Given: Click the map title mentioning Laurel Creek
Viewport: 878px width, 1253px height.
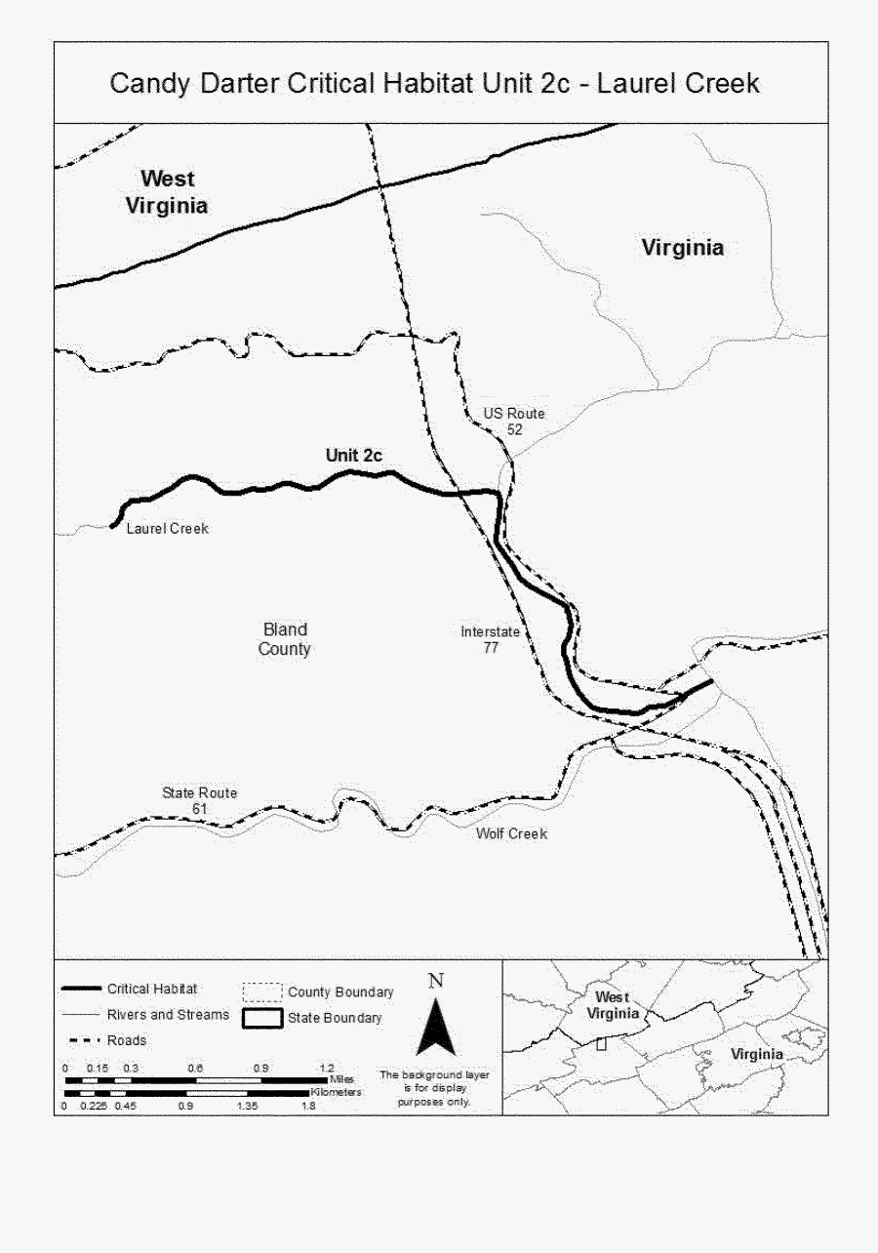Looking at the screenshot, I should coord(434,83).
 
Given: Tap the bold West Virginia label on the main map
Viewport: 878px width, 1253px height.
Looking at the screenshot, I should coord(167,192).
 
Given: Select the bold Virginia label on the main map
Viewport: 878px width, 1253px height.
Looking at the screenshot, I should coord(683,248).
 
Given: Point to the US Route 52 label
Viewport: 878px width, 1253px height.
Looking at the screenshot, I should coord(514,422).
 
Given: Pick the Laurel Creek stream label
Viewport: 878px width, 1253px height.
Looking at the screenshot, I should coord(168,529).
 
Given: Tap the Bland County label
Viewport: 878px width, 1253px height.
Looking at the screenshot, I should coord(285,639).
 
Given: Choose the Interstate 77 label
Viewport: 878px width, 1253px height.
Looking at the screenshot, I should coord(491,639).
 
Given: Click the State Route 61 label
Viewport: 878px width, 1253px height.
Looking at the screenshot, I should coord(199,801).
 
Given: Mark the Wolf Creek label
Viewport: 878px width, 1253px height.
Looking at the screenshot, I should coord(511,833).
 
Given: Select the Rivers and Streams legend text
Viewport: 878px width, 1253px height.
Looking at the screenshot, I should coord(168,1015).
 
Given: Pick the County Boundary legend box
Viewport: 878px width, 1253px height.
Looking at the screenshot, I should coord(261,992).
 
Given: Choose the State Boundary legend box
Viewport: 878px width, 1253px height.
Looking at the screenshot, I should coord(261,1019).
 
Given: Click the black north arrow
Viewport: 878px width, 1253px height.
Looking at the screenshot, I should coord(436,1025).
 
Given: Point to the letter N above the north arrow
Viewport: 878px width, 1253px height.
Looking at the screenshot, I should coord(436,981).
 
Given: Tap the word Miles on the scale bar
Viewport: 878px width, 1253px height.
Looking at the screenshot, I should coord(341,1079).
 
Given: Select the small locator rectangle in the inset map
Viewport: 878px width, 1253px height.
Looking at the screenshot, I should coord(601,1043).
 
